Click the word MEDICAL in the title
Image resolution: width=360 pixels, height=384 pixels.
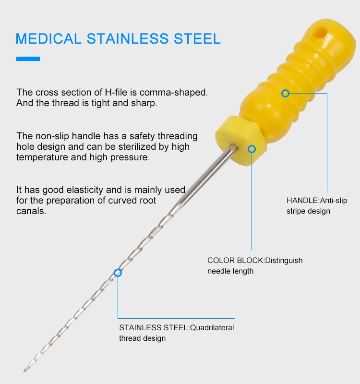48,39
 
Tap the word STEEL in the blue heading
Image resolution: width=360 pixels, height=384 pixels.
197,39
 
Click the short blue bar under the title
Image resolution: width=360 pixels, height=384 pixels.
28,59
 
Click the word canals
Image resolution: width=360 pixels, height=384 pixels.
31,211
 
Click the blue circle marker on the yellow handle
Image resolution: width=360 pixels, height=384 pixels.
285,93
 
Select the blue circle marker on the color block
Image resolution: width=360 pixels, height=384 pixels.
252,149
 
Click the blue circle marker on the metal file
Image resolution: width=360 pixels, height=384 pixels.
118,273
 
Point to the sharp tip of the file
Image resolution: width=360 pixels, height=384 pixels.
24,371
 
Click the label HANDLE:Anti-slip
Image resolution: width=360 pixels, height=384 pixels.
317,200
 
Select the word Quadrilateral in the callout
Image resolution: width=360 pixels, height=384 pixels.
212,327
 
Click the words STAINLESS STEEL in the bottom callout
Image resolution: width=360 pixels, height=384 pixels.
154,327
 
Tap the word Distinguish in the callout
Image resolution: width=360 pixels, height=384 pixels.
284,261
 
